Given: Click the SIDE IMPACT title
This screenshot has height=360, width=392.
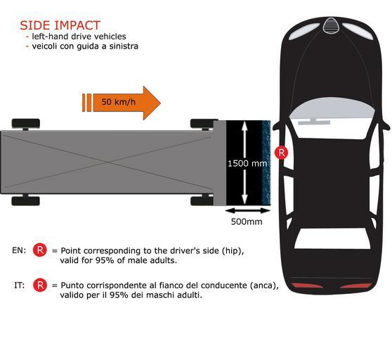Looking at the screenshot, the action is click(x=60, y=25).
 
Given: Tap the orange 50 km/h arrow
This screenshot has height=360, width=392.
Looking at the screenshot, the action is click(x=122, y=103).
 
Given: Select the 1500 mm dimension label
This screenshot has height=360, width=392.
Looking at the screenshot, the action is click(x=247, y=164).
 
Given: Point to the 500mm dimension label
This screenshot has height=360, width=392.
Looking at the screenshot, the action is click(x=247, y=221).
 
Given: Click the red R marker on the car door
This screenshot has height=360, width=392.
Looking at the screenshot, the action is click(x=281, y=153).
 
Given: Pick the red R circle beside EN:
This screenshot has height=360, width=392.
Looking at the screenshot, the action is click(x=40, y=250).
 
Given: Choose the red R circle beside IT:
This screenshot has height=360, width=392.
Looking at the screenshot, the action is click(x=40, y=285).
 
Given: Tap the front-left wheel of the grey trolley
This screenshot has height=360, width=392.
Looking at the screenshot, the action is click(x=204, y=124).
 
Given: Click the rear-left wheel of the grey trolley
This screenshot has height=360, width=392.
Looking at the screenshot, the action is click(x=26, y=124).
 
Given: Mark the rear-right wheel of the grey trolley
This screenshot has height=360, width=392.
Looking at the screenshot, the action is click(x=26, y=200).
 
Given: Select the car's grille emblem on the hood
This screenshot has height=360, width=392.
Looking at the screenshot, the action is click(x=331, y=25).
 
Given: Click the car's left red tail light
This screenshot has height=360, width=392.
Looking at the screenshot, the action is click(x=307, y=285).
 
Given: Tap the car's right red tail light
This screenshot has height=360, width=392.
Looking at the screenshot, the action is click(x=355, y=285).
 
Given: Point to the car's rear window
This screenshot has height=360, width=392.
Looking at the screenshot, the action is click(x=332, y=238).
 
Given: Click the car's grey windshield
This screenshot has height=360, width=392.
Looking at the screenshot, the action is click(x=332, y=108).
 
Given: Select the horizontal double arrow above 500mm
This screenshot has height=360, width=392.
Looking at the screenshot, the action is click(x=247, y=211).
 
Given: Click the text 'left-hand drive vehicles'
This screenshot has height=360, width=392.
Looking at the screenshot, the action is click(x=79, y=37).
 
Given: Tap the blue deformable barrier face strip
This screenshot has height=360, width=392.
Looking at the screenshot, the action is click(x=266, y=163).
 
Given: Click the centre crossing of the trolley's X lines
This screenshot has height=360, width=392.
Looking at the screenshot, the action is click(x=107, y=162).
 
